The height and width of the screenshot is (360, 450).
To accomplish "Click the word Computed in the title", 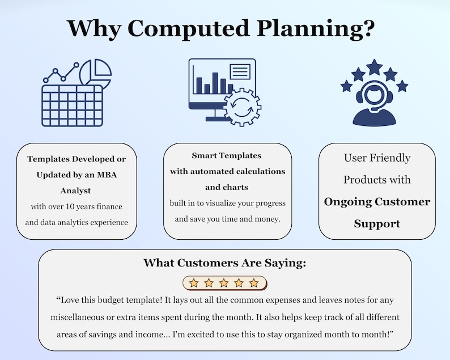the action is click(x=188, y=28).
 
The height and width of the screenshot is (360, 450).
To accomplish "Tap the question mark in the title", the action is click(x=367, y=28).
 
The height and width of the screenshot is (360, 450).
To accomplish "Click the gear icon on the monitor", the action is click(x=242, y=107).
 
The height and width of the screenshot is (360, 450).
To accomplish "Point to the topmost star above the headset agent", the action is click(x=374, y=67).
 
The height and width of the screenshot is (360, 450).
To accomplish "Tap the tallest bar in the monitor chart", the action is click(x=215, y=83).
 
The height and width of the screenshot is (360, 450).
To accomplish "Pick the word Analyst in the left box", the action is click(x=75, y=190).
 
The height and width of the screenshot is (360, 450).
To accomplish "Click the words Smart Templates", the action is click(x=227, y=155).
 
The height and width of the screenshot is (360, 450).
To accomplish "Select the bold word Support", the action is click(x=377, y=224).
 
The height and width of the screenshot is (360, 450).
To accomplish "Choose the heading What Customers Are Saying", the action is click(x=224, y=263).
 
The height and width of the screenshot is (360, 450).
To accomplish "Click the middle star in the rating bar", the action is click(x=224, y=283).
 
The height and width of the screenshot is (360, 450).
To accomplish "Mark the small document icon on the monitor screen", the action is click(x=240, y=71).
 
